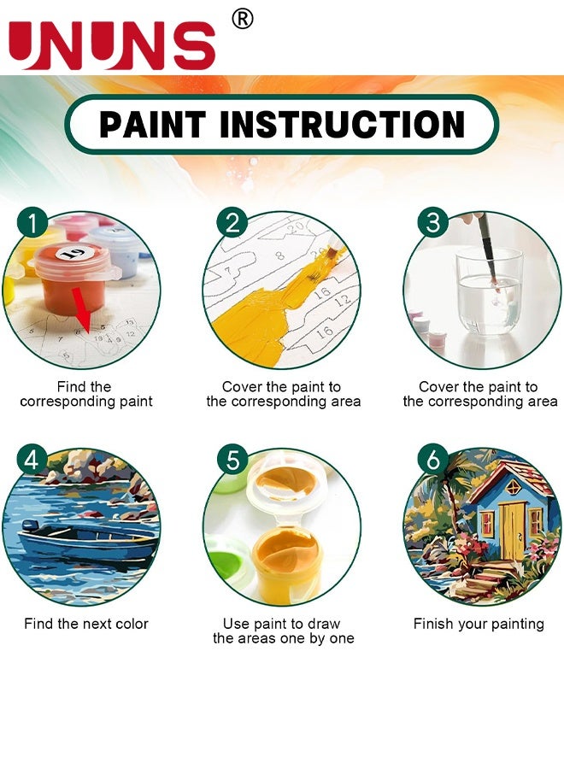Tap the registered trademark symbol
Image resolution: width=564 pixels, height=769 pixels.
(x=243, y=19)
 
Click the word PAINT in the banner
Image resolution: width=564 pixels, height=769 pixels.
(x=152, y=125)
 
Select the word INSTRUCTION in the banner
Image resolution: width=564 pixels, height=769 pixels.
(x=343, y=125)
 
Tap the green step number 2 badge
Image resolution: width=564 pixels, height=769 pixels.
(x=232, y=225)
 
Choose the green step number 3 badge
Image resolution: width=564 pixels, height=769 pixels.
(x=433, y=224)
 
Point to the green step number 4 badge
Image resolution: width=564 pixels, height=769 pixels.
(x=32, y=461)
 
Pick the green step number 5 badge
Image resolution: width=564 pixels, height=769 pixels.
(x=232, y=461)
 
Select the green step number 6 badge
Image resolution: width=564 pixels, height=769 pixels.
(x=433, y=461)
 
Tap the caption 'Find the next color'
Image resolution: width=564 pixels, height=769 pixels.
(x=86, y=624)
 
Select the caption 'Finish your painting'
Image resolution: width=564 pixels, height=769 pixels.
(x=479, y=624)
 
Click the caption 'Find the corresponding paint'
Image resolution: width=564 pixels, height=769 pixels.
(x=86, y=394)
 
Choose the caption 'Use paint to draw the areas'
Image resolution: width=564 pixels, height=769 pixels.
(x=283, y=631)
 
